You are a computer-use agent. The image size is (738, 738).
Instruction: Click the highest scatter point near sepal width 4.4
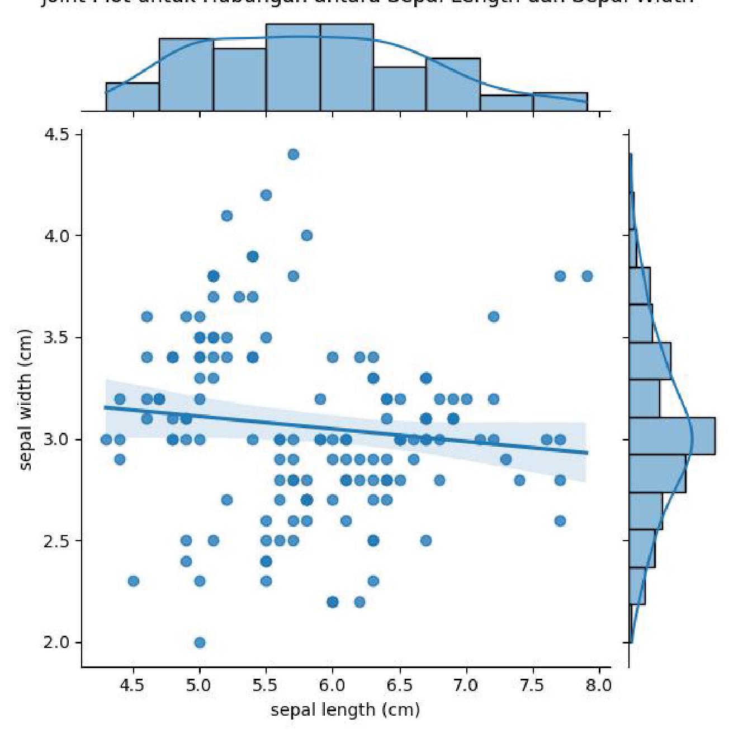click(x=293, y=154)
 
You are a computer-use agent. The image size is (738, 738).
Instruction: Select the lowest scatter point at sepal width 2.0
click(x=200, y=642)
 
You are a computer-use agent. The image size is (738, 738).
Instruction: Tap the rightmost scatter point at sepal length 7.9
click(x=586, y=276)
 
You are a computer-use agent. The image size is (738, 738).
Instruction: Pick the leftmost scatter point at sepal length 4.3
click(x=106, y=439)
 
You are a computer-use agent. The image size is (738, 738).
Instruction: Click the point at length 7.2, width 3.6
click(x=493, y=316)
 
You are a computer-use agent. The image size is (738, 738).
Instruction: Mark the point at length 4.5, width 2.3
click(x=133, y=581)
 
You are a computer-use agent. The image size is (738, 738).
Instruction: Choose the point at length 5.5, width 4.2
click(x=266, y=195)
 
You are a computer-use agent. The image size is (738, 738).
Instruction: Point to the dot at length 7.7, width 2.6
click(x=560, y=521)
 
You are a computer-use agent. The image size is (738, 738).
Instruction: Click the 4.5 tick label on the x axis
click(x=133, y=685)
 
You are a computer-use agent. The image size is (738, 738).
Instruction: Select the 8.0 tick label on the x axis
click(x=599, y=685)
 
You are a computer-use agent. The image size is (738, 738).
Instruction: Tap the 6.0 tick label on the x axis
click(x=333, y=685)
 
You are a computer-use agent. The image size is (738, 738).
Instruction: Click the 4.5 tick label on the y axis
click(x=56, y=135)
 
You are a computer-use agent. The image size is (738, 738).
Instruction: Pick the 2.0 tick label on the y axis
click(x=56, y=642)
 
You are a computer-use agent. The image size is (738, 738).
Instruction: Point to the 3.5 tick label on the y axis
click(x=56, y=338)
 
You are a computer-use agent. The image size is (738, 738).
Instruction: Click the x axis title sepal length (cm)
click(x=345, y=710)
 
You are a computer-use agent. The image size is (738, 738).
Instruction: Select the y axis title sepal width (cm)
click(x=25, y=399)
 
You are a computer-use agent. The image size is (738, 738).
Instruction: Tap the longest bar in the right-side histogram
click(x=671, y=436)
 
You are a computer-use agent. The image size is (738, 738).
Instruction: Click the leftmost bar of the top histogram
click(x=133, y=97)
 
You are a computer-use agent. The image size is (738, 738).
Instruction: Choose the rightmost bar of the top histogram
click(x=560, y=102)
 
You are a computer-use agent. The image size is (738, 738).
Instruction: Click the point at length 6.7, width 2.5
click(x=426, y=541)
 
